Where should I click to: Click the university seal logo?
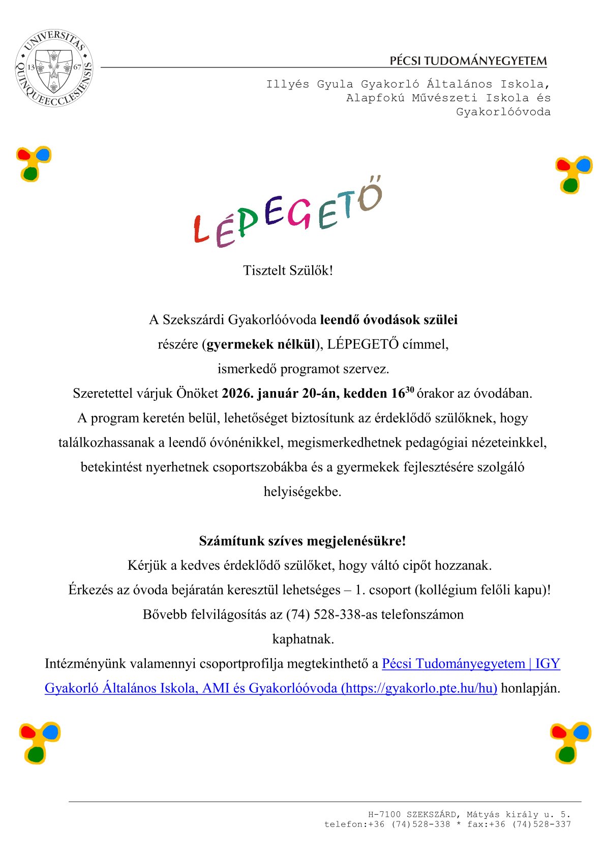pos(54,68)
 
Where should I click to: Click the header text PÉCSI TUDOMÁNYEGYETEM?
pos(468,61)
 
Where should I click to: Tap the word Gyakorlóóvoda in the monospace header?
pos(503,112)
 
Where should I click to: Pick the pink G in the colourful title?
pos(300,214)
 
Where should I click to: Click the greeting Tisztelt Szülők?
pos(288,270)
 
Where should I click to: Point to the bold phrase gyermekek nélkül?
pos(261,344)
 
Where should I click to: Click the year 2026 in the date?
pos(237,394)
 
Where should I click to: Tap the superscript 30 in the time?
pos(410,390)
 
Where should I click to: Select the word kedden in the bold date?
pos(365,394)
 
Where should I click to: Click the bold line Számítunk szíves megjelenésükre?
pos(302,541)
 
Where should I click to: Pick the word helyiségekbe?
pos(302,492)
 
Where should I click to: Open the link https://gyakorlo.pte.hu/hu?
pos(419,688)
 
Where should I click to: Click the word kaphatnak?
pos(303,639)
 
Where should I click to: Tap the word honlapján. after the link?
pos(530,688)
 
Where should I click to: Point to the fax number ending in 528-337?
pos(541,824)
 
